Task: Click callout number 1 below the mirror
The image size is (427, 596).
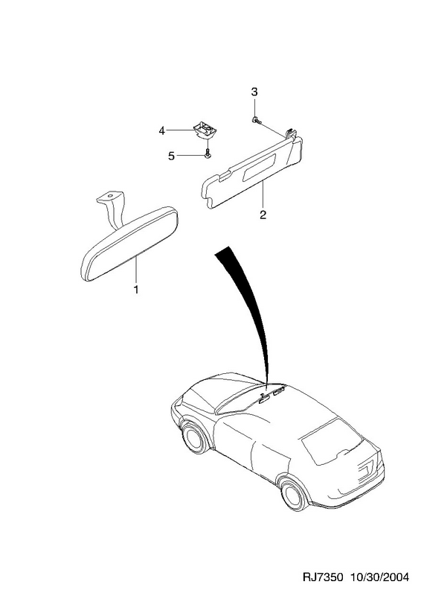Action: coord(135,289)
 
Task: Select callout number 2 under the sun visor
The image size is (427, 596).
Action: coord(263,215)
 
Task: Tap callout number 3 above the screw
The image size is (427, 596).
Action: coord(254,92)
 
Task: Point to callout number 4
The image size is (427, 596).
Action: coord(162,131)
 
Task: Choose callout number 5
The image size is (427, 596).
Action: coord(172,156)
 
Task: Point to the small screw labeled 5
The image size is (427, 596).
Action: coord(208,154)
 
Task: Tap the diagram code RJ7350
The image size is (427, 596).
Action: coord(323,578)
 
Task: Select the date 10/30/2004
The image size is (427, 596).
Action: coord(379,578)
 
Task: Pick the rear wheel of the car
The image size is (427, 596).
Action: coord(293,495)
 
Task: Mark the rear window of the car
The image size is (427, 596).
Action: coord(330,441)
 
